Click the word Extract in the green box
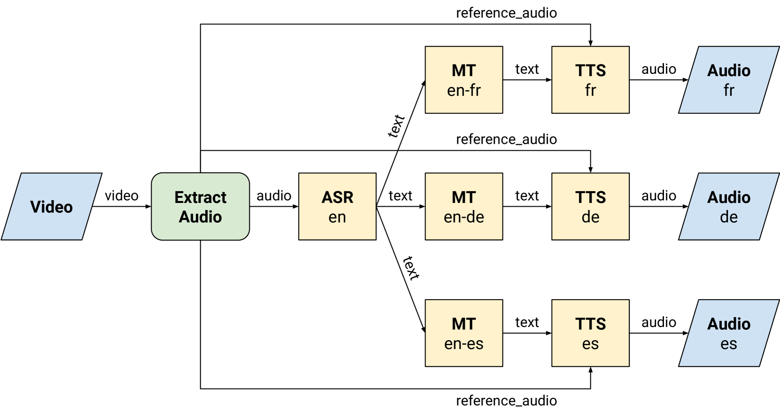(200, 197)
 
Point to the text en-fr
(463, 90)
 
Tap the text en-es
(463, 344)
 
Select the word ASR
(337, 197)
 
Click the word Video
(52, 207)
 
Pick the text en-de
(463, 217)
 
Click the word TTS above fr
(590, 70)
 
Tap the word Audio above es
(728, 324)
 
